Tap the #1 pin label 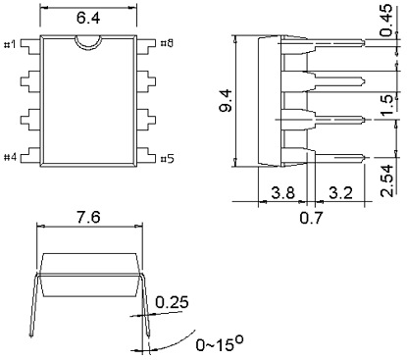12,43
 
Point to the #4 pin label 12,156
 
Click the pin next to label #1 35,43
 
